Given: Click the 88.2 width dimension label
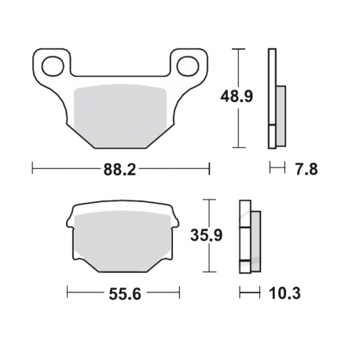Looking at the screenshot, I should (x=121, y=167).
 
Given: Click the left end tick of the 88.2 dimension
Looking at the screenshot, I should (x=32, y=167).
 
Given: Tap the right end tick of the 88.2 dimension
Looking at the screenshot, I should (x=210, y=167).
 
